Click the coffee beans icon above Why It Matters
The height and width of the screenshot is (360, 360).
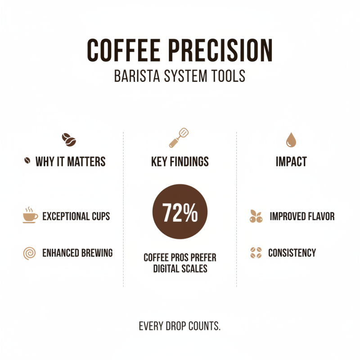tap(69, 140)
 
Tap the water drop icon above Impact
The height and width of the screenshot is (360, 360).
tap(291, 140)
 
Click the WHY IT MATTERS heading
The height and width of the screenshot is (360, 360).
tap(70, 162)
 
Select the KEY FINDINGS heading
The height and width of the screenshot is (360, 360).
tap(180, 162)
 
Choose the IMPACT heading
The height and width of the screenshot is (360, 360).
tap(291, 162)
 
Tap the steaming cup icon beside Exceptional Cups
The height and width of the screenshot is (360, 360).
tap(30, 216)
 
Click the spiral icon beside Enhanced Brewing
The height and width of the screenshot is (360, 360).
tap(29, 253)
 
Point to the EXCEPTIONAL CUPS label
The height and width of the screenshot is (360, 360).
tap(76, 216)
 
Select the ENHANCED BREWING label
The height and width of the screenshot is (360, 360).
tap(77, 253)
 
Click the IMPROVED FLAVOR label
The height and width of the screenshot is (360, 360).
tap(302, 216)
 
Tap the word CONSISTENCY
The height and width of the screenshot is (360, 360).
tap(292, 253)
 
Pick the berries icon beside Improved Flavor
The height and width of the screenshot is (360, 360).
tap(256, 216)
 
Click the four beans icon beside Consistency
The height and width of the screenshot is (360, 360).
tap(256, 253)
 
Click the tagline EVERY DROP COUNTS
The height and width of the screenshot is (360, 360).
tap(180, 325)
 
